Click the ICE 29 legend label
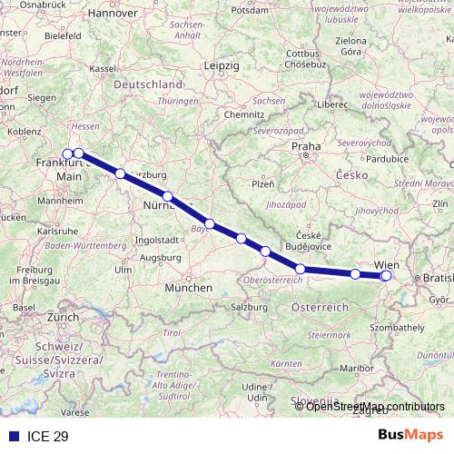tap(48, 437)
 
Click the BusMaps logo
tap(411, 436)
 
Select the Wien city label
tap(385, 265)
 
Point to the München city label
tap(188, 288)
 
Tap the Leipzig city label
tap(221, 66)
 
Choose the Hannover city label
tap(113, 14)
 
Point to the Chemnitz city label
tap(244, 115)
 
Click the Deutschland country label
tap(147, 84)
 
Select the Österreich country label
tap(320, 309)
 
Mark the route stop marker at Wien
tap(386, 276)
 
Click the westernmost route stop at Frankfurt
tap(67, 153)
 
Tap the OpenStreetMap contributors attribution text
tap(375, 406)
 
